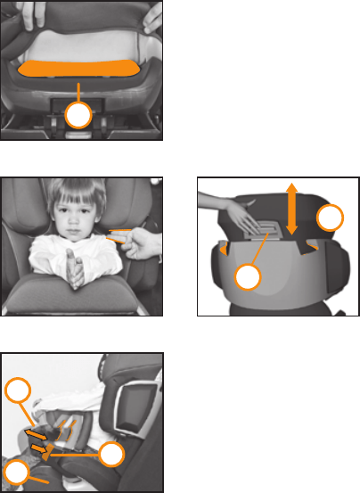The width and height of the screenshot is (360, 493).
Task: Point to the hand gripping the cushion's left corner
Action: click(20, 12)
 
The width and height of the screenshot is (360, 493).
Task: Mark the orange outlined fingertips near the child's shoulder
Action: click(116, 236)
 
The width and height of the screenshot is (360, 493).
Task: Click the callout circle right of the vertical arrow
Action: click(331, 219)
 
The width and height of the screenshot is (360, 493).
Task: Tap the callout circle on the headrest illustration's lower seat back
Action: click(249, 279)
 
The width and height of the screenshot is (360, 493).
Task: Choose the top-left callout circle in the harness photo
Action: click(18, 391)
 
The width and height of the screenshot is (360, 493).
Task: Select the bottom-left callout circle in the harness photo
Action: click(16, 473)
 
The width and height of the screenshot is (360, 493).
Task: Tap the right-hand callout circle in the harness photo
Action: click(110, 454)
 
